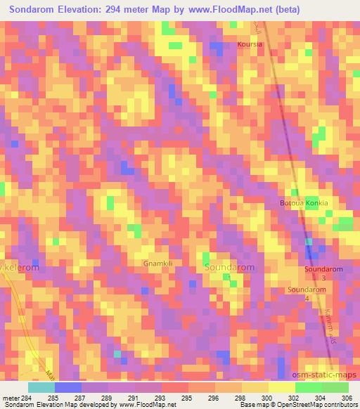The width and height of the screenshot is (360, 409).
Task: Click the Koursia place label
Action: [250, 44]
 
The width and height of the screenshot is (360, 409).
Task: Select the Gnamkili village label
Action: [158, 264]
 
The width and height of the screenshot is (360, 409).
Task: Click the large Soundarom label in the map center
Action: [229, 268]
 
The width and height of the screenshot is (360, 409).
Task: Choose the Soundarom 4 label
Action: [307, 293]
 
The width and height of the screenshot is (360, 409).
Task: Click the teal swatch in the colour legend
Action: [41, 387]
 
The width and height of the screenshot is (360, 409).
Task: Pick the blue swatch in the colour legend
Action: [68, 387]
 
